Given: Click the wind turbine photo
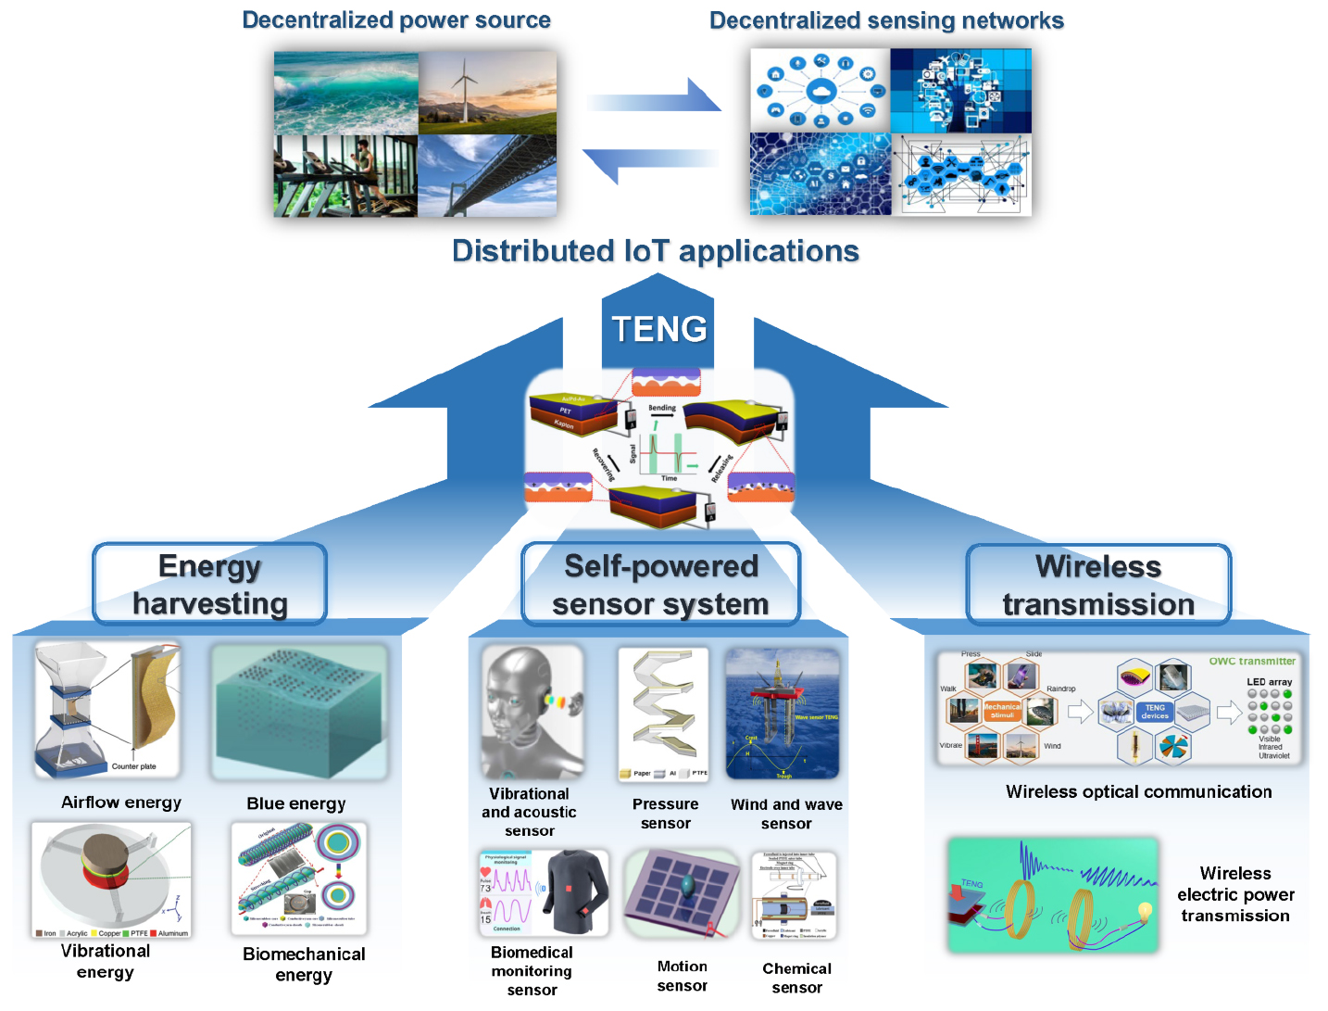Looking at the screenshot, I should pyautogui.click(x=487, y=93).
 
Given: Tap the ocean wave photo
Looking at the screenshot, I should pyautogui.click(x=345, y=93).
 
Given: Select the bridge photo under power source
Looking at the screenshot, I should pyautogui.click(x=487, y=176).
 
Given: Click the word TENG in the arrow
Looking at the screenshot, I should pyautogui.click(x=658, y=329).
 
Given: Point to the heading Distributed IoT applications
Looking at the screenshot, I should pyautogui.click(x=655, y=251).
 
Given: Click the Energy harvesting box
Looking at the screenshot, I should pyautogui.click(x=210, y=585).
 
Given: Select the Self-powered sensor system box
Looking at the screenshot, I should pyautogui.click(x=660, y=585).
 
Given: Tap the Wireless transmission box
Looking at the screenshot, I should pyautogui.click(x=1098, y=585).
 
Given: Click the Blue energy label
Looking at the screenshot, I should pyautogui.click(x=296, y=803).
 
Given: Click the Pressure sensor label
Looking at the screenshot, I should pyautogui.click(x=665, y=814).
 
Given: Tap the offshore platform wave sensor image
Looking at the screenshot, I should pyautogui.click(x=783, y=713).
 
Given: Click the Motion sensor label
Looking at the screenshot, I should pyautogui.click(x=682, y=976).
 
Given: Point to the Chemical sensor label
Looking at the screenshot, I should pyautogui.click(x=796, y=978).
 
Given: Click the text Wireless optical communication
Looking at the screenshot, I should pyautogui.click(x=1138, y=792).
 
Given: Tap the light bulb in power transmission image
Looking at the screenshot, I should pyautogui.click(x=1146, y=912).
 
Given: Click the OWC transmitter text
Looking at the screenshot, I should pyautogui.click(x=1252, y=662).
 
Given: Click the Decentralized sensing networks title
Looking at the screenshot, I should pyautogui.click(x=886, y=21).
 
